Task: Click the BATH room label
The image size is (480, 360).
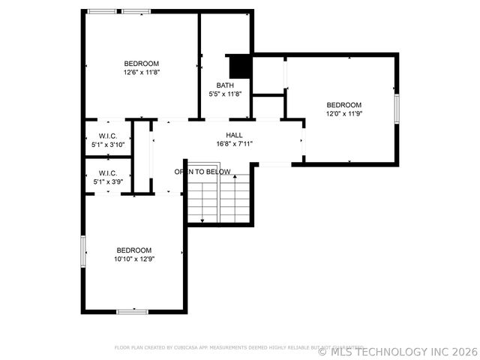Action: pyautogui.click(x=225, y=85)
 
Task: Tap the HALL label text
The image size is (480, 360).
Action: pyautogui.click(x=234, y=135)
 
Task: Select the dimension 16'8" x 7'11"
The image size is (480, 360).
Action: pyautogui.click(x=234, y=144)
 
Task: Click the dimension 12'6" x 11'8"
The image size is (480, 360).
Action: pyautogui.click(x=142, y=72)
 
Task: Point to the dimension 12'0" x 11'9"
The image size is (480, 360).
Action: pyautogui.click(x=343, y=114)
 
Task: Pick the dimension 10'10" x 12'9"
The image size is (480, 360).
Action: pyautogui.click(x=133, y=259)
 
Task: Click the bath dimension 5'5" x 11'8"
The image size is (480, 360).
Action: pyautogui.click(x=225, y=94)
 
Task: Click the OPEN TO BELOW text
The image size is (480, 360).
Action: pyautogui.click(x=202, y=172)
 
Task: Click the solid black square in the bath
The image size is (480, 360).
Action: pyautogui.click(x=239, y=67)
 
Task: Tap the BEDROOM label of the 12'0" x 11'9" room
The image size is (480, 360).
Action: pyautogui.click(x=343, y=105)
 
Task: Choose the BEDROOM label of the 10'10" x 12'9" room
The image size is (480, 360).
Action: pyautogui.click(x=133, y=250)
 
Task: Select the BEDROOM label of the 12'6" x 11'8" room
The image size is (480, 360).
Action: pyautogui.click(x=142, y=63)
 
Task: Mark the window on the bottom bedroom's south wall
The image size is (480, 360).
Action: pyautogui.click(x=132, y=311)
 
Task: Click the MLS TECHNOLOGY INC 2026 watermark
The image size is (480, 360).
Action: pyautogui.click(x=397, y=351)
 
